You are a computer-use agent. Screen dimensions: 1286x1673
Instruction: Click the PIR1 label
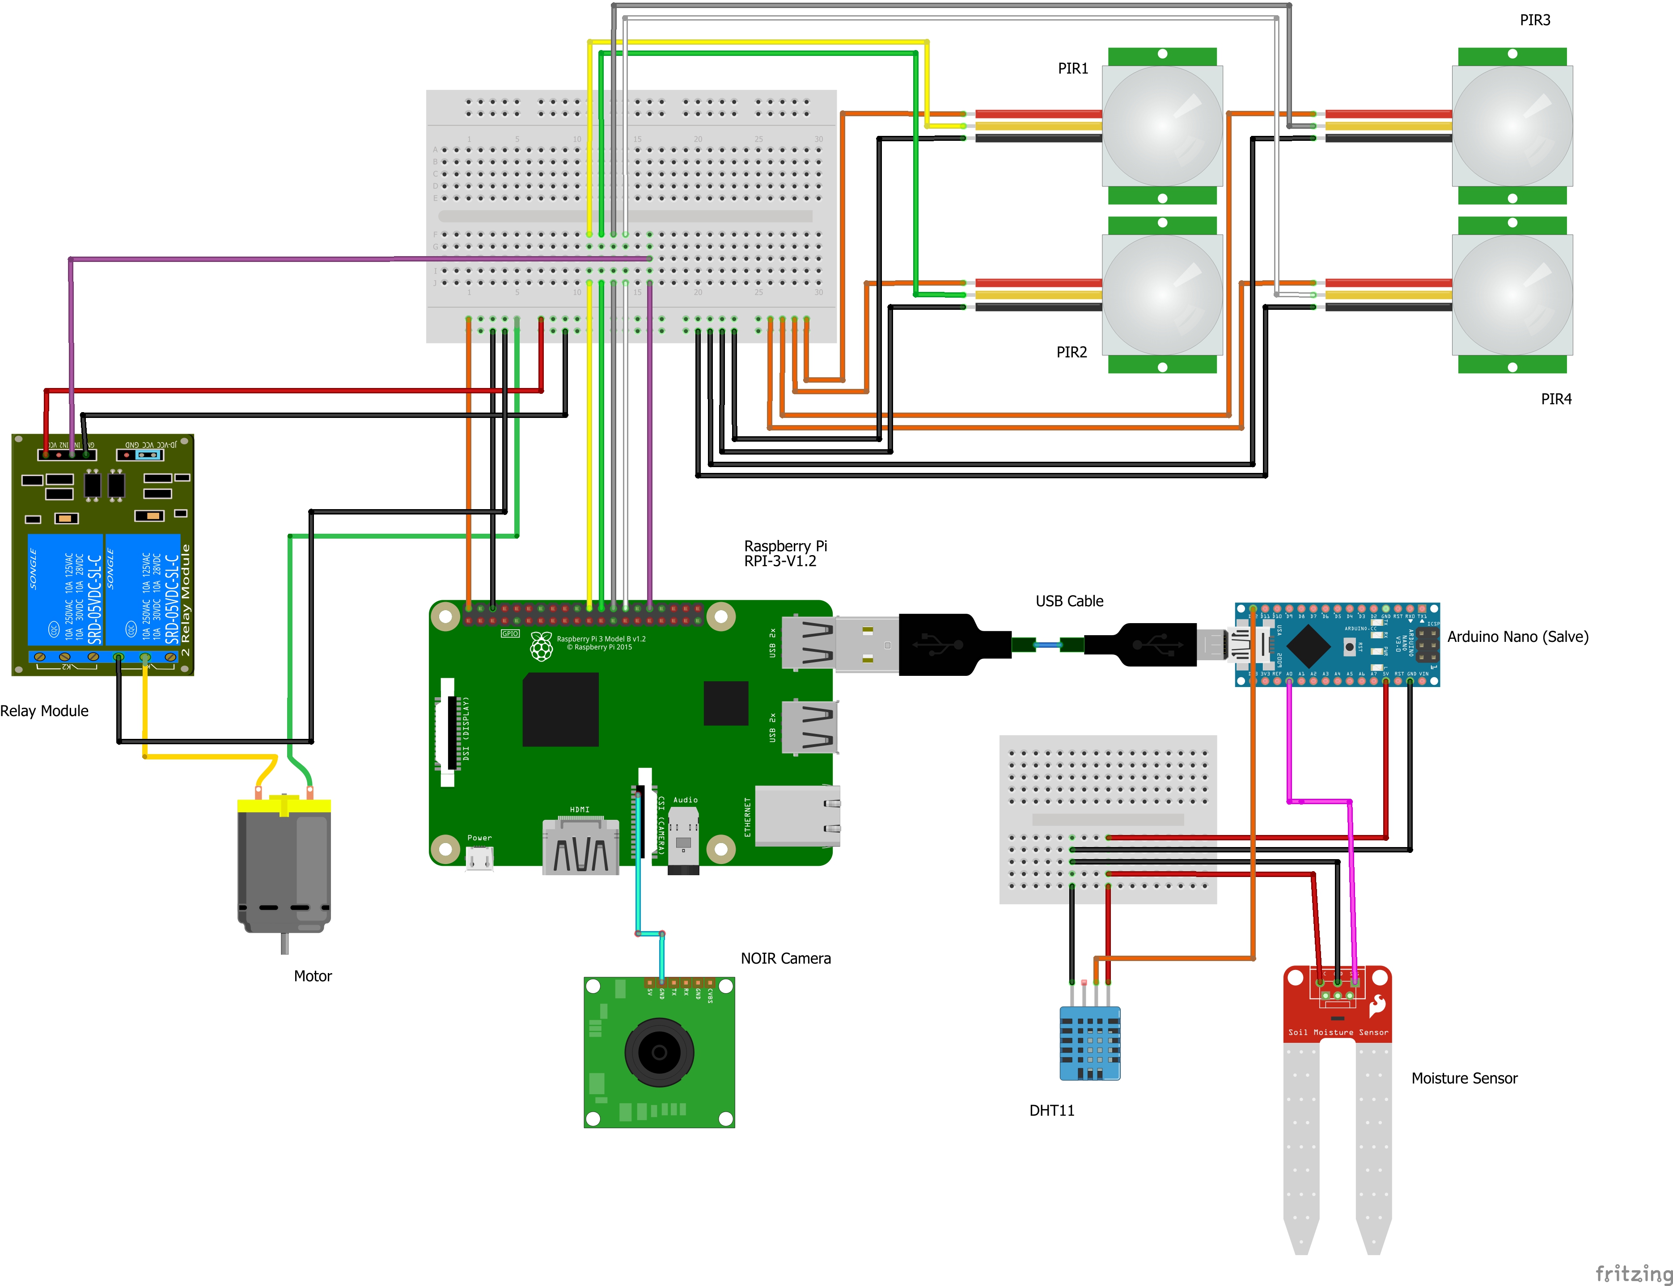pyautogui.click(x=1073, y=68)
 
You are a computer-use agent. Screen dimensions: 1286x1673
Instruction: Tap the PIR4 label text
pyautogui.click(x=1556, y=399)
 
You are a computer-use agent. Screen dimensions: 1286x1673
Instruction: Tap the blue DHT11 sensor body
pyautogui.click(x=1089, y=1042)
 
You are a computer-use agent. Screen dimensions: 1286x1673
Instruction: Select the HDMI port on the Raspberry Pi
pyautogui.click(x=580, y=847)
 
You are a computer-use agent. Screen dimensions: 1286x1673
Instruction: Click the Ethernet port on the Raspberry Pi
pyautogui.click(x=797, y=816)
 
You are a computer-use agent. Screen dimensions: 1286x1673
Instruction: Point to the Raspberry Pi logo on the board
pyautogui.click(x=541, y=647)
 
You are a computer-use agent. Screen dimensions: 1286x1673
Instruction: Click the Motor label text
pyautogui.click(x=313, y=976)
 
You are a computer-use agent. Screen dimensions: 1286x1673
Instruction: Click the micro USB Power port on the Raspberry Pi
pyautogui.click(x=479, y=860)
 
